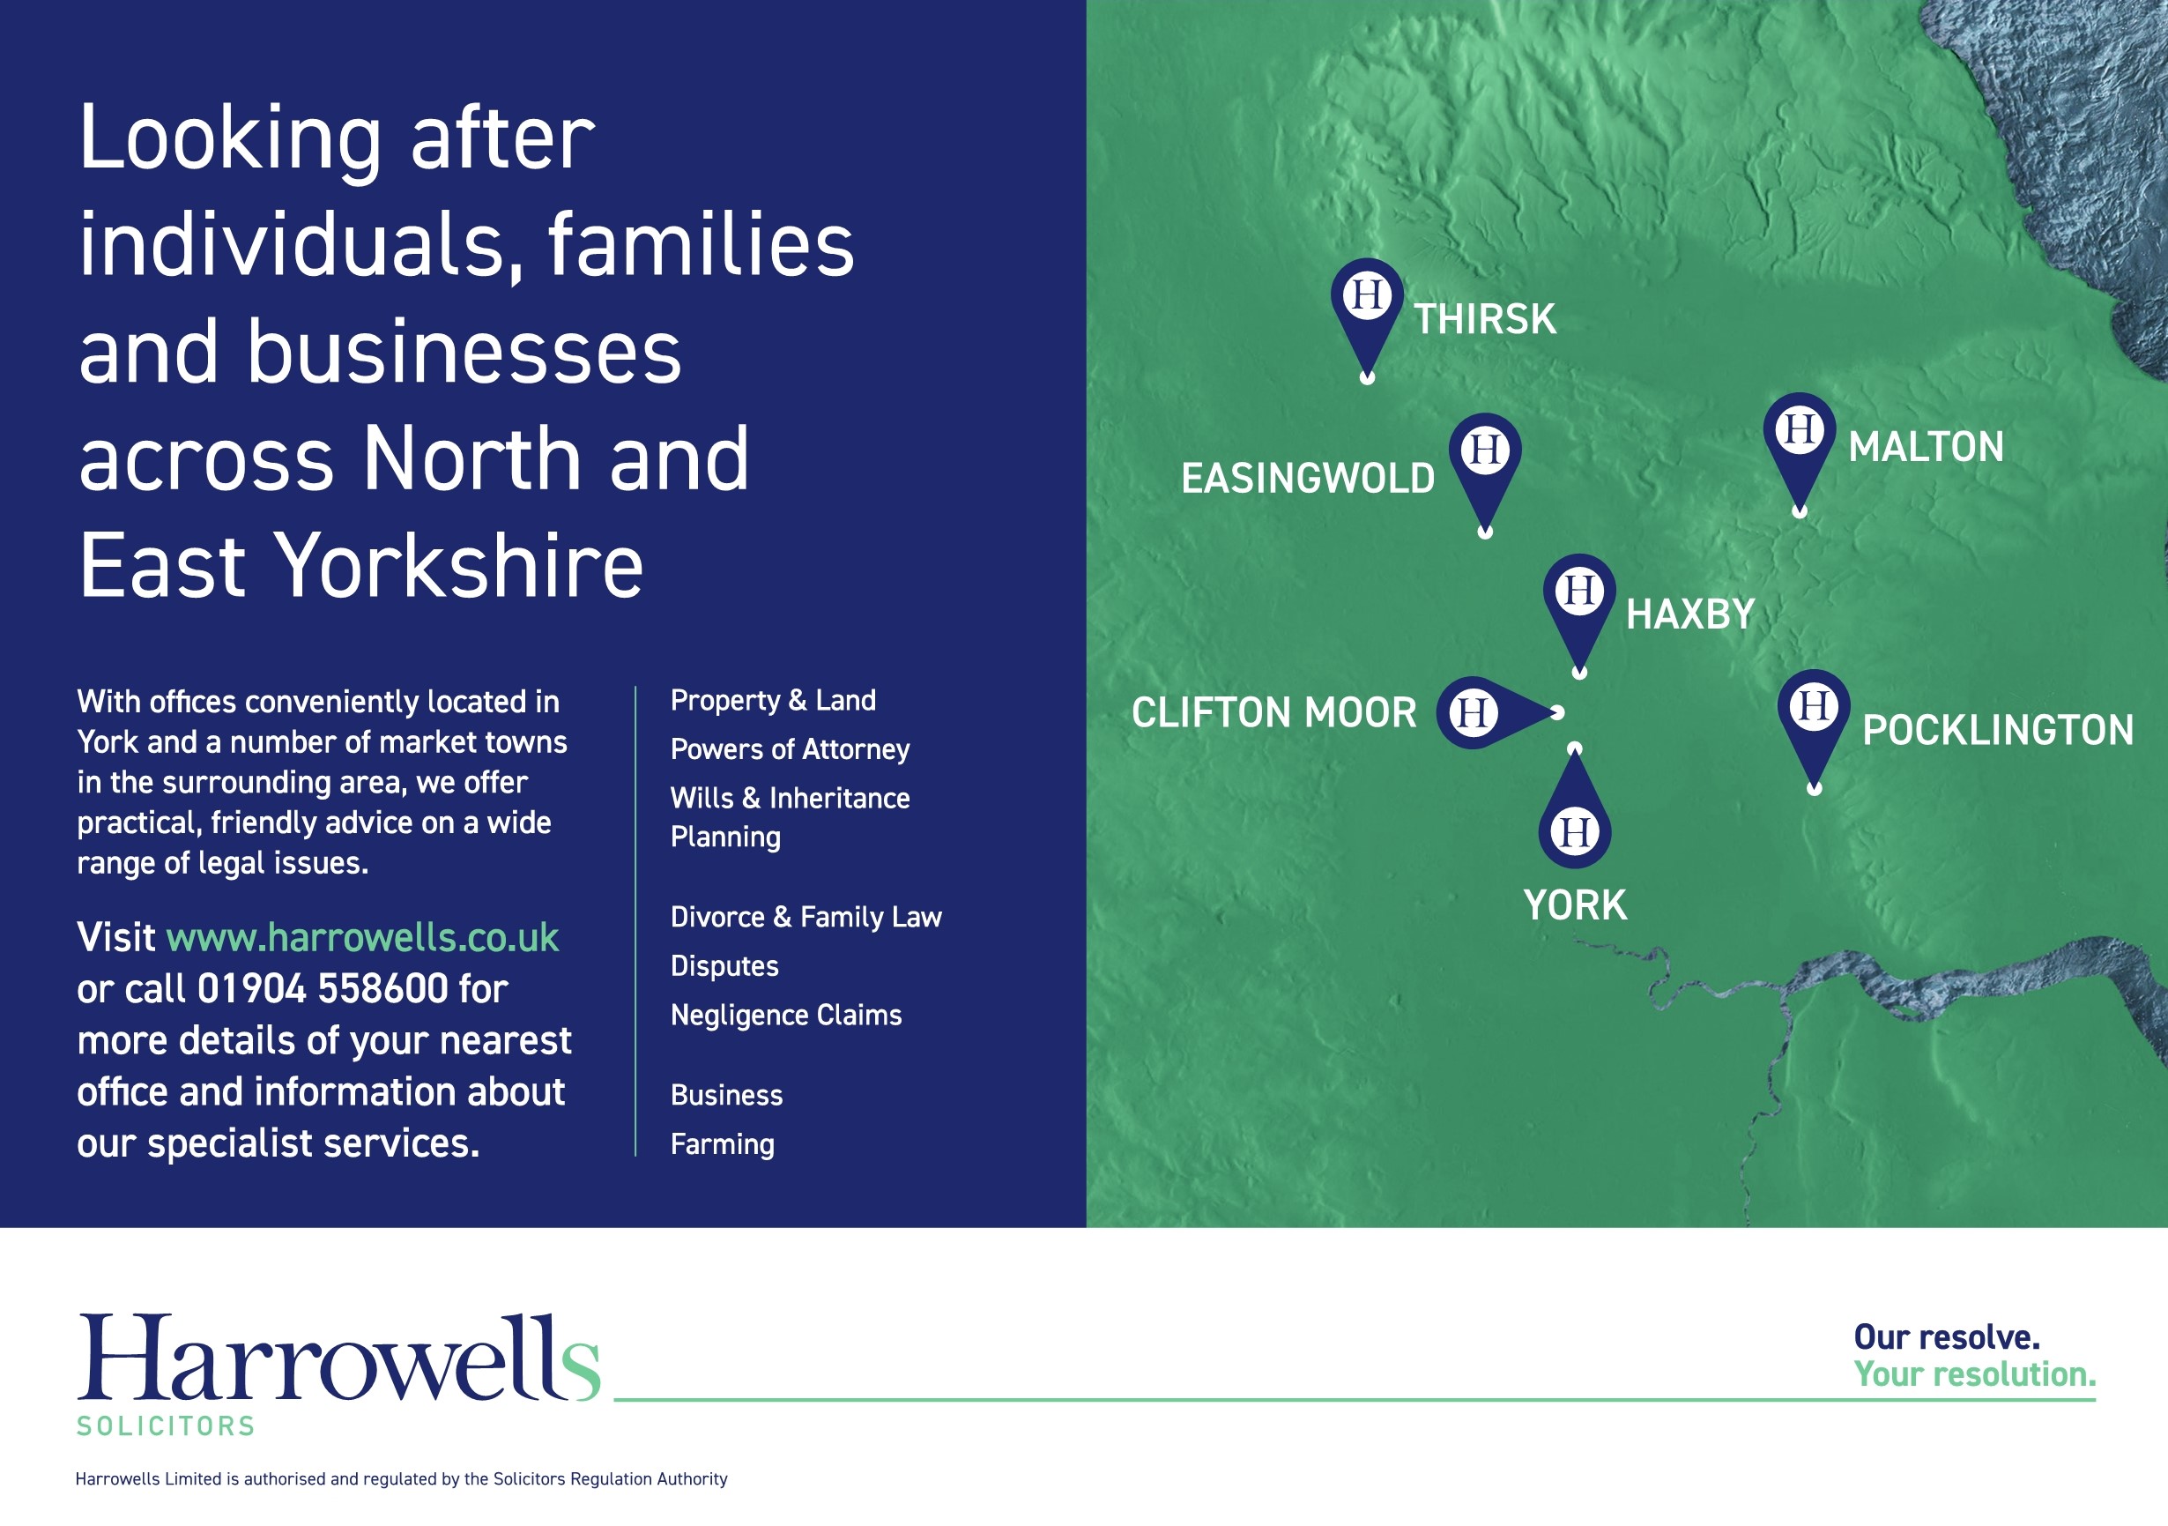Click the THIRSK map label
pyautogui.click(x=1484, y=319)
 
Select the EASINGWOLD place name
pyautogui.click(x=1308, y=478)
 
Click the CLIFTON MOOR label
pyautogui.click(x=1273, y=712)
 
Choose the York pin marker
pyautogui.click(x=1574, y=812)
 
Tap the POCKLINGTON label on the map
pyautogui.click(x=1997, y=729)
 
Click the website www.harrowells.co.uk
pyautogui.click(x=362, y=938)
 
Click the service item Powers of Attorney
pyautogui.click(x=790, y=748)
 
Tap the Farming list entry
pyautogui.click(x=723, y=1143)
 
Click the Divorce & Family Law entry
pyautogui.click(x=806, y=917)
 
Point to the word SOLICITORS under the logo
pyautogui.click(x=167, y=1425)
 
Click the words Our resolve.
pyautogui.click(x=1946, y=1336)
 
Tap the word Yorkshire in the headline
pyautogui.click(x=463, y=566)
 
